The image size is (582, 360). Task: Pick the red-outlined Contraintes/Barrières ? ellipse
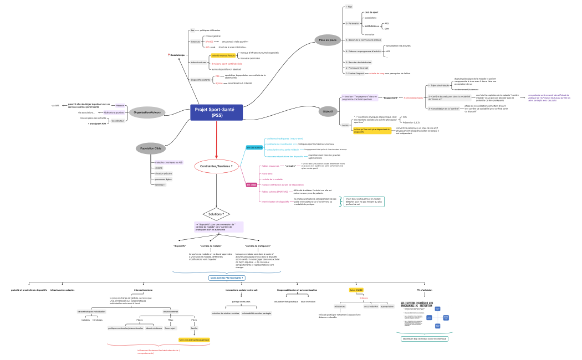[216, 166]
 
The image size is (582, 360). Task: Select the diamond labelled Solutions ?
[216, 214]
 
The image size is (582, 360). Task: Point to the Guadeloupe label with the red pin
[177, 55]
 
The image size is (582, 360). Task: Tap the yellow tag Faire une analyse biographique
[194, 340]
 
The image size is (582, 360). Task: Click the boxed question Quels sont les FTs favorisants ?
[227, 277]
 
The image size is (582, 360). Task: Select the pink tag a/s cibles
[251, 184]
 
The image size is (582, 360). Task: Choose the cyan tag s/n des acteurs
[254, 147]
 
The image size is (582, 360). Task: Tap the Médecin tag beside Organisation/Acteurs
[120, 105]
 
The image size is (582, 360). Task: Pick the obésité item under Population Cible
[159, 168]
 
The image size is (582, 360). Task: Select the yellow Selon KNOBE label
[356, 290]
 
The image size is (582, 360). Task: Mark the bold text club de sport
[371, 12]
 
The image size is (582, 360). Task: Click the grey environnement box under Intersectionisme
[171, 311]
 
